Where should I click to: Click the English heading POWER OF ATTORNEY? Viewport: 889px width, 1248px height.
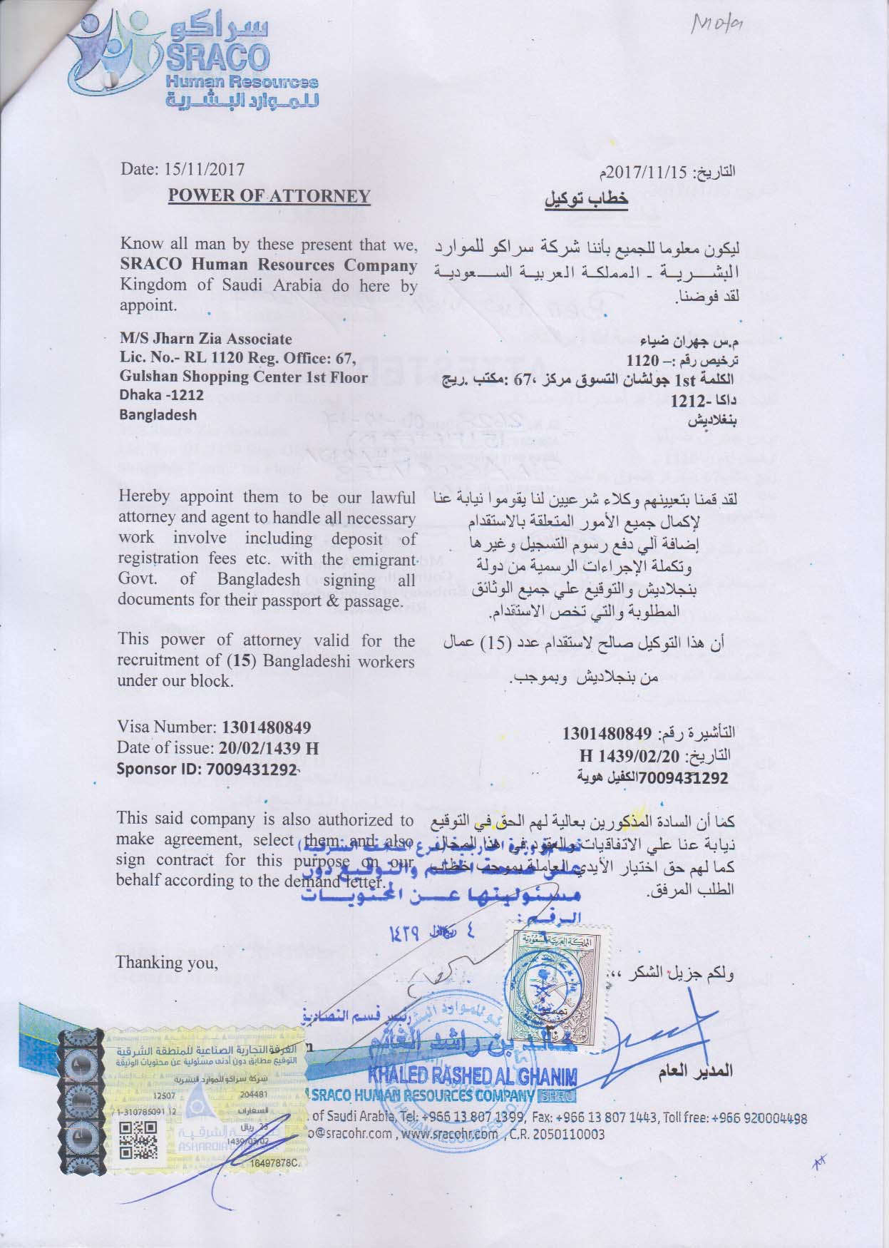(x=269, y=196)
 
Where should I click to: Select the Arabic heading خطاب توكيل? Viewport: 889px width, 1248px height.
(x=586, y=199)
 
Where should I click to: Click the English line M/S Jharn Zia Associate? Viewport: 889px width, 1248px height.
(x=206, y=339)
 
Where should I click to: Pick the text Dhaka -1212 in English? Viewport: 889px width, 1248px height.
(x=162, y=395)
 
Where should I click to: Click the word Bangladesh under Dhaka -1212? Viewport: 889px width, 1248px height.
(x=158, y=414)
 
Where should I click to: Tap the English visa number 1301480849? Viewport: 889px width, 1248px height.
(x=267, y=727)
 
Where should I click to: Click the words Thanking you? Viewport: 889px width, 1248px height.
(x=167, y=962)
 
